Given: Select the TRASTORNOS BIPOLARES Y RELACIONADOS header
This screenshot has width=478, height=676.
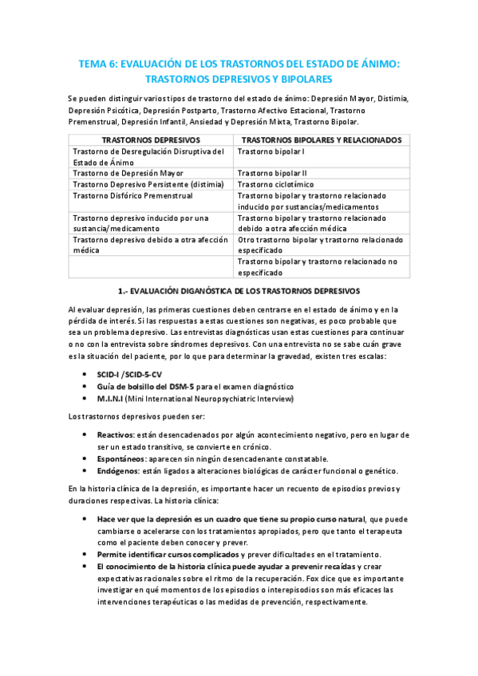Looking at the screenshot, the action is click(x=321, y=140).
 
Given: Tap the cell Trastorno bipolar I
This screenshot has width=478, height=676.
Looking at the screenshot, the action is click(x=271, y=151).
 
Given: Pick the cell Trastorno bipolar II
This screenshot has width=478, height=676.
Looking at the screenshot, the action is click(x=272, y=172).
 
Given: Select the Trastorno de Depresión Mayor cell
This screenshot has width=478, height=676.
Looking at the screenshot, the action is click(x=128, y=172).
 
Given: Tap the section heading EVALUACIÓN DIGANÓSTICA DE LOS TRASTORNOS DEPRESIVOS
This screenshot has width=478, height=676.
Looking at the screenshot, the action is click(x=244, y=291).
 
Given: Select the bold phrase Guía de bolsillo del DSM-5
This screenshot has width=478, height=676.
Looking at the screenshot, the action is click(x=145, y=386).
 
